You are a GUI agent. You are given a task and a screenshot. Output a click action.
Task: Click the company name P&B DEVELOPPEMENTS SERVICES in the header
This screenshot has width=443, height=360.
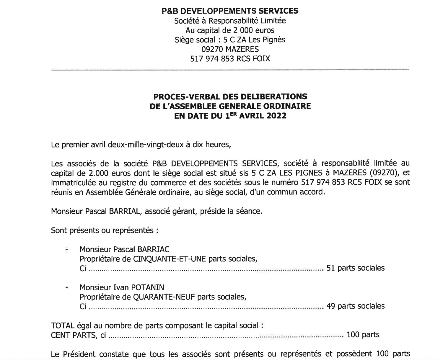230,11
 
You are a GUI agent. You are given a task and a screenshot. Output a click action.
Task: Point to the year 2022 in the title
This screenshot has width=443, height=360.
276,116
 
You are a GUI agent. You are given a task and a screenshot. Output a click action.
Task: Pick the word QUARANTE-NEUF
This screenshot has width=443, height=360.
165,297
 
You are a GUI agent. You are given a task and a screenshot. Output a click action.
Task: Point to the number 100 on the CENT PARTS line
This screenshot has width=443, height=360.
353,335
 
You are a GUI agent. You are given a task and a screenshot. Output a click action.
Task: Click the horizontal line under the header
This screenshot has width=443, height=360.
230,70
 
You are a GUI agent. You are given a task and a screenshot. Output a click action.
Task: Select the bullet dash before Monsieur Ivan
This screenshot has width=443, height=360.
67,287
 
